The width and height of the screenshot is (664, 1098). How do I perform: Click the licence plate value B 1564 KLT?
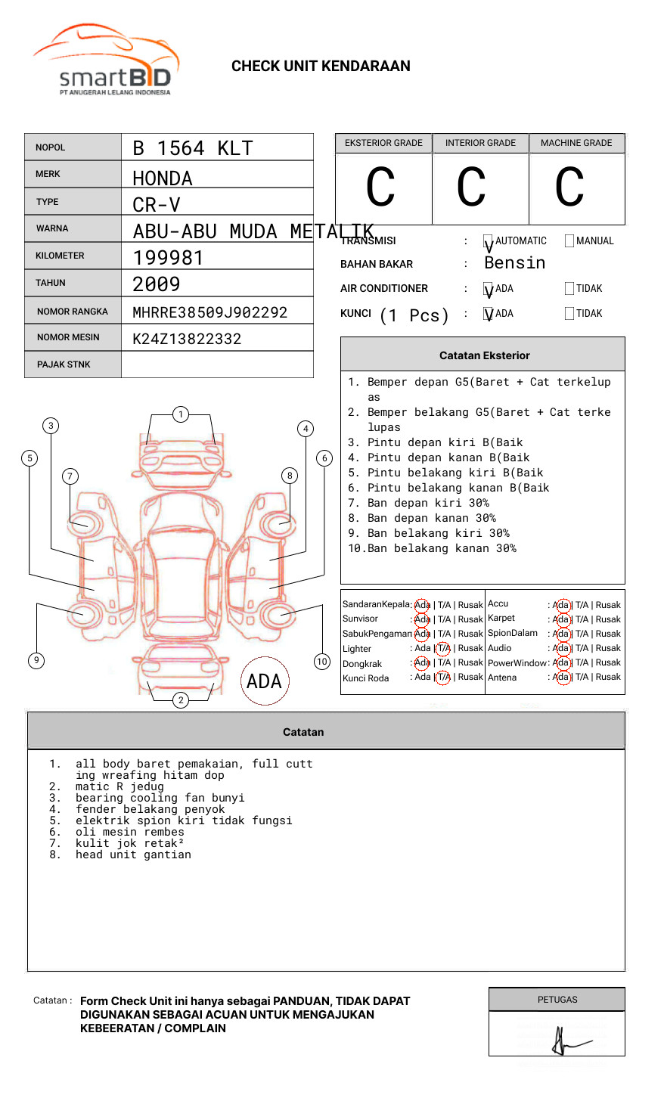192,148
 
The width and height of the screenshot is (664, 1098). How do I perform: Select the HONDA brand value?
163,178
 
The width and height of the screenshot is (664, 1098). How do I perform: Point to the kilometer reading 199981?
168,258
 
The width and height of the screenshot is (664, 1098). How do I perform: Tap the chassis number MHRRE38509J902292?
209,312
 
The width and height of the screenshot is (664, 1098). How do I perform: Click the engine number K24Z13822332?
187,339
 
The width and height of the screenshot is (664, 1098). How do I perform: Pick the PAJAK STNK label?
64,364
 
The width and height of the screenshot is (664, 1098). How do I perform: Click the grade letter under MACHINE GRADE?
569,188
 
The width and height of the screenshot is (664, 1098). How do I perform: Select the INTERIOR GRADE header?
480,143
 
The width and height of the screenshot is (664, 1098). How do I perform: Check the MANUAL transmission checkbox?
569,241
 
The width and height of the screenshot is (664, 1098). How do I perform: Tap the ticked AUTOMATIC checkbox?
488,241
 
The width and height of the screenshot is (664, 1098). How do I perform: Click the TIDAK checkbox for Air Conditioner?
569,288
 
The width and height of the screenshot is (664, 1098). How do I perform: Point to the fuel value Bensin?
514,263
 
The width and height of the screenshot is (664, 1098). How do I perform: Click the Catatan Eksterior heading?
484,355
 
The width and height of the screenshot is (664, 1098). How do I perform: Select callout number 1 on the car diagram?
180,414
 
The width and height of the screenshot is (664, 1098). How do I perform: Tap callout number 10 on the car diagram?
322,662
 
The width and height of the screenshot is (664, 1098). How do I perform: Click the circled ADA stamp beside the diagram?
264,681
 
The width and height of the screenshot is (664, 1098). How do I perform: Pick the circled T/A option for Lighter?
443,648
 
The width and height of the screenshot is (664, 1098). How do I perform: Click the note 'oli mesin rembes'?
129,832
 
